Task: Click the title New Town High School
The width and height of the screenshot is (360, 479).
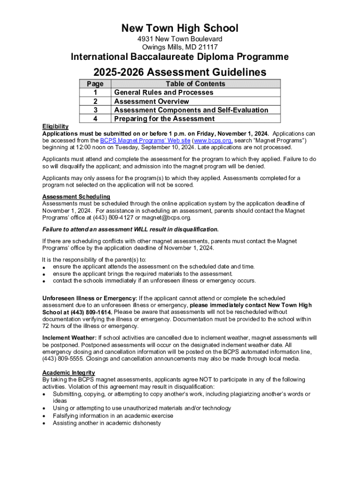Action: point(180,28)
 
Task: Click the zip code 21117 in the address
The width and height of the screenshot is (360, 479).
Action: point(208,47)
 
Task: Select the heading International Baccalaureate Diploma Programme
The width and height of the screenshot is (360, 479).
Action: point(180,57)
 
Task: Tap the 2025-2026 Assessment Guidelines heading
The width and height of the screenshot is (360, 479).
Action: point(180,72)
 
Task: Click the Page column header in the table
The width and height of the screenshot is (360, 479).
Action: point(95,84)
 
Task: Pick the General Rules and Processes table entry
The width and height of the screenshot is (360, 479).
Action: point(164,93)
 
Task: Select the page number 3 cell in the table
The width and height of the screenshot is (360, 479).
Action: point(95,110)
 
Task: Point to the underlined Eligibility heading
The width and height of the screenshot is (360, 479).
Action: point(55,126)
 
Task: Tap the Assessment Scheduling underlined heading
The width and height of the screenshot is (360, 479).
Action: point(76,196)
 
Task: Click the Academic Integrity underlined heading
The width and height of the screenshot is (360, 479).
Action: point(69,372)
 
